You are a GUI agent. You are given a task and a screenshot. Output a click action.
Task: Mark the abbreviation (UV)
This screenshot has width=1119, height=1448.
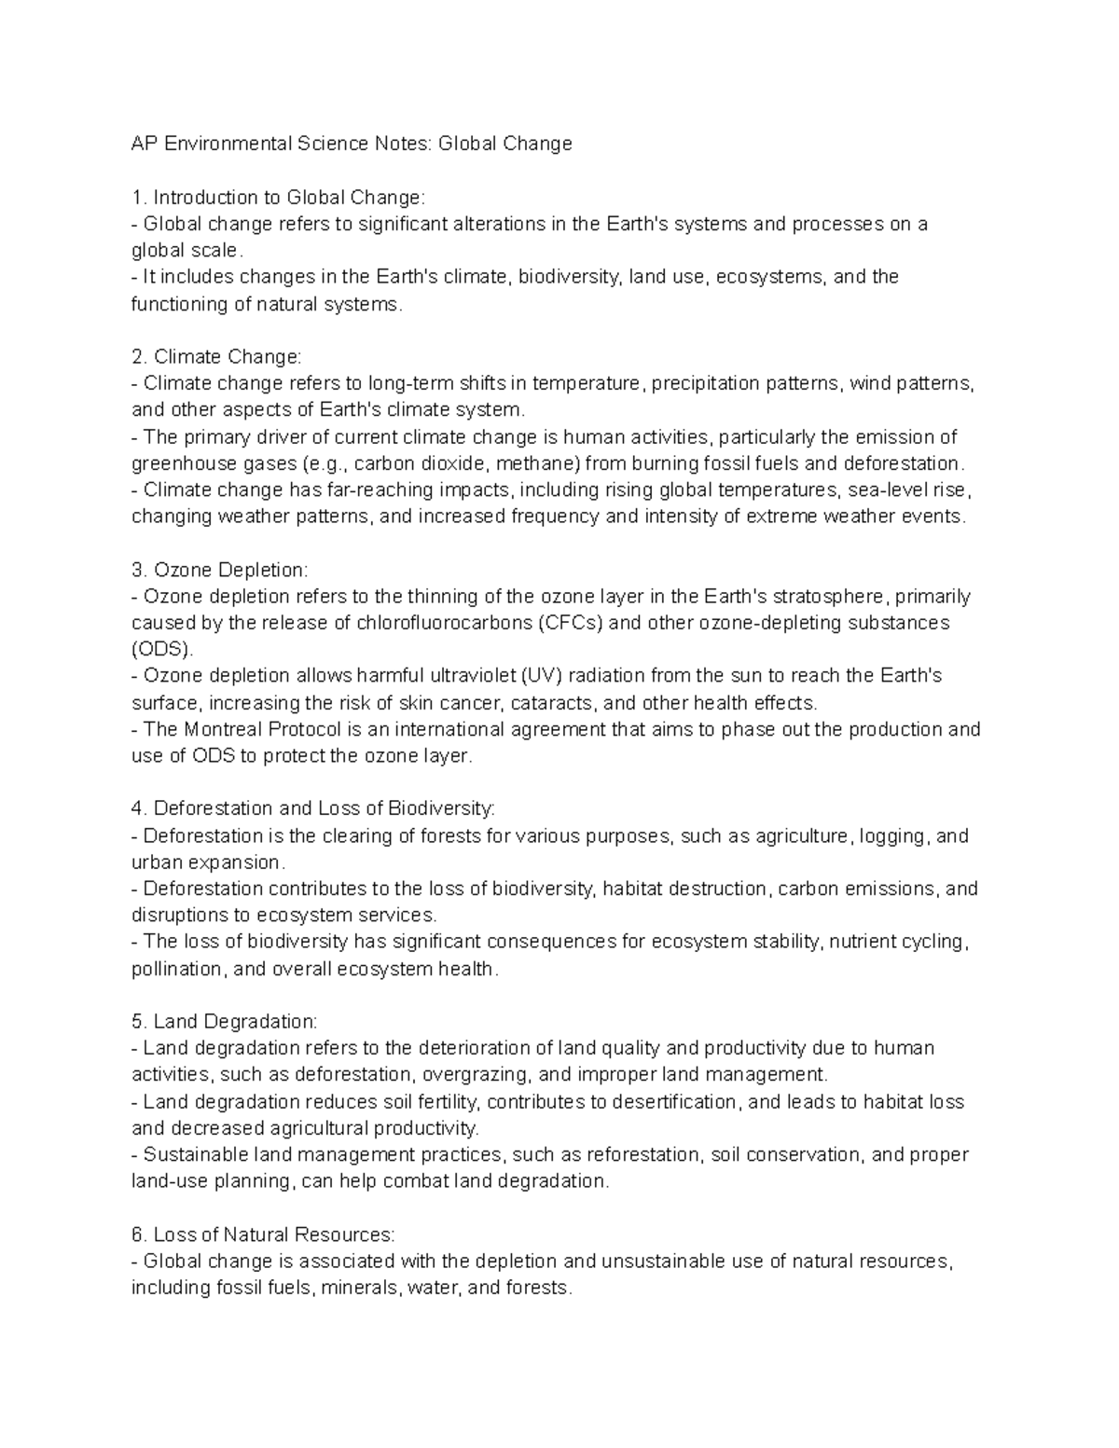coord(540,676)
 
